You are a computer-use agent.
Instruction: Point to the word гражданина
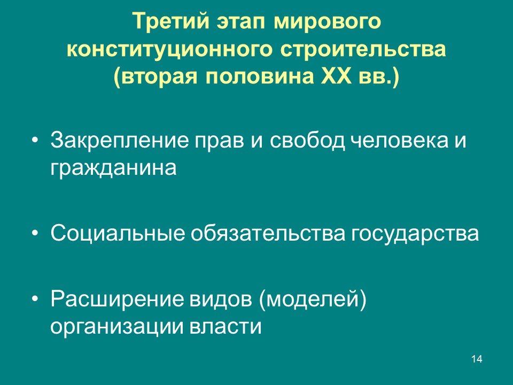[x=113, y=168]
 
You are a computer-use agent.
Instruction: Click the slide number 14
[x=477, y=359]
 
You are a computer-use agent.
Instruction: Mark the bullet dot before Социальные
[x=35, y=234]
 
